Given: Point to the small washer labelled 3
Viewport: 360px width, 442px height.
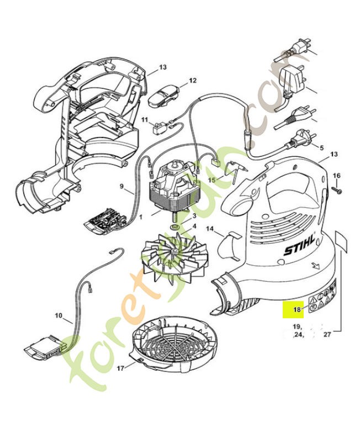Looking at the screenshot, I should (174, 227).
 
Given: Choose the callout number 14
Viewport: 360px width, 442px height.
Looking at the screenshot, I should (210, 228).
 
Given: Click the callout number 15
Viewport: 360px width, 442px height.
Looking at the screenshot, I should (212, 180).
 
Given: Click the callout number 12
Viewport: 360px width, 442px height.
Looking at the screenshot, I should (192, 81).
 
